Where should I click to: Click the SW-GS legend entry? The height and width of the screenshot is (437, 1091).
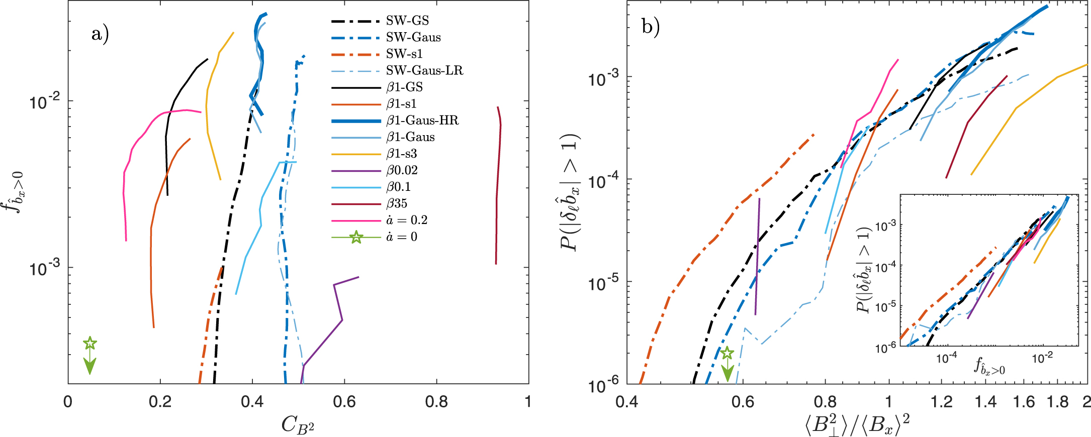[x=407, y=21]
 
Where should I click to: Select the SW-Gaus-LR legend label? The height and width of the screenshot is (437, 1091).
[x=424, y=70]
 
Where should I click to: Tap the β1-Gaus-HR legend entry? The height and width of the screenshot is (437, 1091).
[x=422, y=121]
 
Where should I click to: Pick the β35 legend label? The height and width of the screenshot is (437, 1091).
[x=397, y=203]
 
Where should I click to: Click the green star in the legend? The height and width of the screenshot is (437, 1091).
[x=356, y=237]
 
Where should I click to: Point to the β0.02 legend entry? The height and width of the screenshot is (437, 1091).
[x=402, y=170]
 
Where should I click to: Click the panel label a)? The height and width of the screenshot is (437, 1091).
[x=100, y=34]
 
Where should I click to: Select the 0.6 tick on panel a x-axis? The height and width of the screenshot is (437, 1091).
[x=344, y=402]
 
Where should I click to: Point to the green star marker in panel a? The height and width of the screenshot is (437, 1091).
[x=89, y=344]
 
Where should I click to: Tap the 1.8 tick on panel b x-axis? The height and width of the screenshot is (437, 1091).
[x=1059, y=402]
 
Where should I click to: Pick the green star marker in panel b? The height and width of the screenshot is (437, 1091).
[x=727, y=353]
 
